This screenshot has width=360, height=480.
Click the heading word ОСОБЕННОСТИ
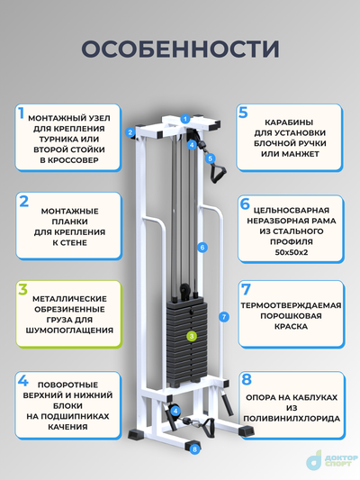[x=179, y=48]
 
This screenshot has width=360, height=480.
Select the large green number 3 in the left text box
[x=21, y=290]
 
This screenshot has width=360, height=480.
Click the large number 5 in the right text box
[x=243, y=113]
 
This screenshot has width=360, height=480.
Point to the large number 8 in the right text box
[x=244, y=380]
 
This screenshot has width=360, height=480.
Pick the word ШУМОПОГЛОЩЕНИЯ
[x=70, y=331]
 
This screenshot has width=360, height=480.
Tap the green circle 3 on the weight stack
[x=191, y=336]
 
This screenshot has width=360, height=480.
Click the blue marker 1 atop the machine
[x=184, y=118]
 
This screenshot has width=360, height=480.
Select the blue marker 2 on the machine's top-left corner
[x=130, y=132]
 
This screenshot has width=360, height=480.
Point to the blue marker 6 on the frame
[x=203, y=246]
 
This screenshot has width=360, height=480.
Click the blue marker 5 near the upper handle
[x=211, y=158]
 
